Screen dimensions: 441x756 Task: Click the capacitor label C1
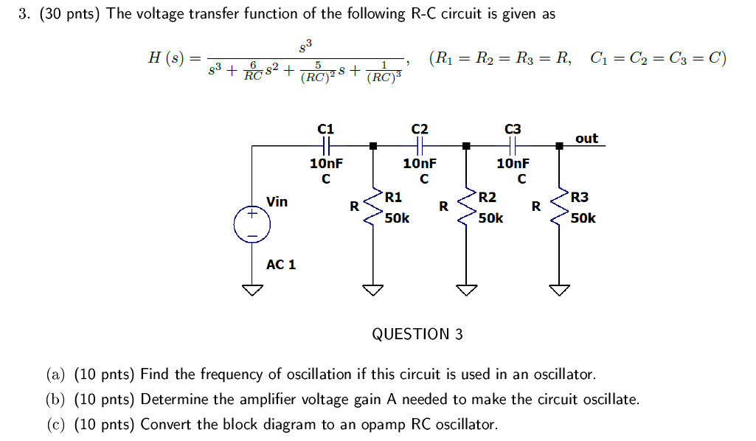(x=325, y=128)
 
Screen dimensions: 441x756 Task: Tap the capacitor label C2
(x=419, y=128)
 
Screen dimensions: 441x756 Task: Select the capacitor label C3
(x=513, y=128)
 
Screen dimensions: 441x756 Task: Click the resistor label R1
(x=393, y=197)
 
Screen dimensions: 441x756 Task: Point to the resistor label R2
(x=487, y=197)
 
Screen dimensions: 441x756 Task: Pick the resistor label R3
(x=580, y=197)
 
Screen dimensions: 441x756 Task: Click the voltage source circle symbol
(x=252, y=224)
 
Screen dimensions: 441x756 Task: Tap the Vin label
(x=277, y=201)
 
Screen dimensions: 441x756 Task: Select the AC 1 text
(x=281, y=264)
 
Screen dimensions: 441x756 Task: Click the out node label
(x=586, y=138)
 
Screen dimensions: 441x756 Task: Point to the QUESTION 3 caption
(x=417, y=334)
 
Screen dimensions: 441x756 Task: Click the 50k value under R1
(x=397, y=218)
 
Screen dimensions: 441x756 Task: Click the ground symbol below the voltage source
(x=252, y=290)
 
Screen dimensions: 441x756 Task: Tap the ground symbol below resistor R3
(x=559, y=290)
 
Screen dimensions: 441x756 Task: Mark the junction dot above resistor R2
(x=466, y=146)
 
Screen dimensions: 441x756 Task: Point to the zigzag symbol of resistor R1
(x=374, y=206)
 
